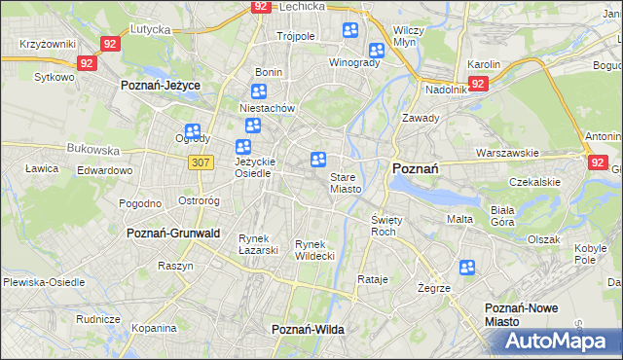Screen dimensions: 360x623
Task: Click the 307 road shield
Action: [x=202, y=162]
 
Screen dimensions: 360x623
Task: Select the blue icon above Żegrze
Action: [x=467, y=268]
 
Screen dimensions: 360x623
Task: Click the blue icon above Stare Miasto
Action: [x=318, y=160]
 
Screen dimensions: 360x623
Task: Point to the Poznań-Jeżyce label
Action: [x=160, y=86]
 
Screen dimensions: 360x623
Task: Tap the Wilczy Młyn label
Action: [x=407, y=37]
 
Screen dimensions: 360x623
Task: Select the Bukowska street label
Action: [x=92, y=151]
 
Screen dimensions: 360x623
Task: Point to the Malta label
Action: [x=459, y=219]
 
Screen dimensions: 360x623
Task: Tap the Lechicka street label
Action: [x=300, y=5]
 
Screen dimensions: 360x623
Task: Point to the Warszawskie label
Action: [x=507, y=153]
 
